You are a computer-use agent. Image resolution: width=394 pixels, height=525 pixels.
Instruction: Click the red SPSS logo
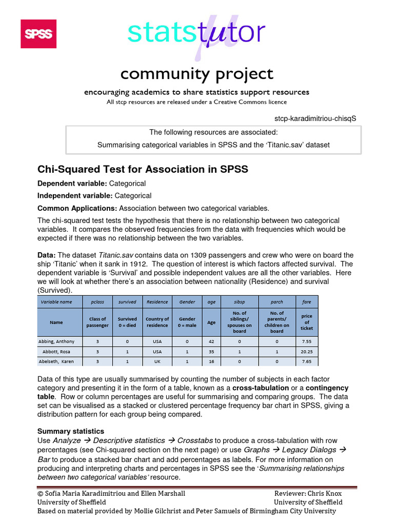(38, 34)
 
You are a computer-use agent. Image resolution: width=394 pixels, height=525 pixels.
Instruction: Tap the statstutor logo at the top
(196, 33)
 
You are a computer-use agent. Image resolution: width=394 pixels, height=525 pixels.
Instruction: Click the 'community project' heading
(196, 74)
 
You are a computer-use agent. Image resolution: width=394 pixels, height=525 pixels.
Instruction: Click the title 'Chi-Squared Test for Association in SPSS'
(143, 169)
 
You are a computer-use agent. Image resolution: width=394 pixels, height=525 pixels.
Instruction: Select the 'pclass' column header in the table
(97, 302)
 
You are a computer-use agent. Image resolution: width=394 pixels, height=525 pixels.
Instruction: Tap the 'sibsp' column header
(239, 302)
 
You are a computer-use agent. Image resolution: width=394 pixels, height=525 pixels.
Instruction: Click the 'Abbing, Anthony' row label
(56, 341)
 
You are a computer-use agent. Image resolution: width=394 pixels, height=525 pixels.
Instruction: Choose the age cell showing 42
(211, 341)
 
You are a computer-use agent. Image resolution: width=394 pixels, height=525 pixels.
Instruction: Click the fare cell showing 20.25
(307, 352)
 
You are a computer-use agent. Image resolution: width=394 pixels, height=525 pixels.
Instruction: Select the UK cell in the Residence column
(157, 361)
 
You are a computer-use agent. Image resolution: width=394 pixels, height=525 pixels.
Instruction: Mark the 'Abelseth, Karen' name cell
(56, 361)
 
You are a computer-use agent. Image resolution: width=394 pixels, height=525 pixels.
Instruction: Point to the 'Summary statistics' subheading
(71, 431)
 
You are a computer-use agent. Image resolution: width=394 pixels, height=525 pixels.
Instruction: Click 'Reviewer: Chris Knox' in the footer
(308, 493)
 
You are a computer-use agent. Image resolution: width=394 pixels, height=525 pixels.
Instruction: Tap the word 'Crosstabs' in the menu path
(195, 440)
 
